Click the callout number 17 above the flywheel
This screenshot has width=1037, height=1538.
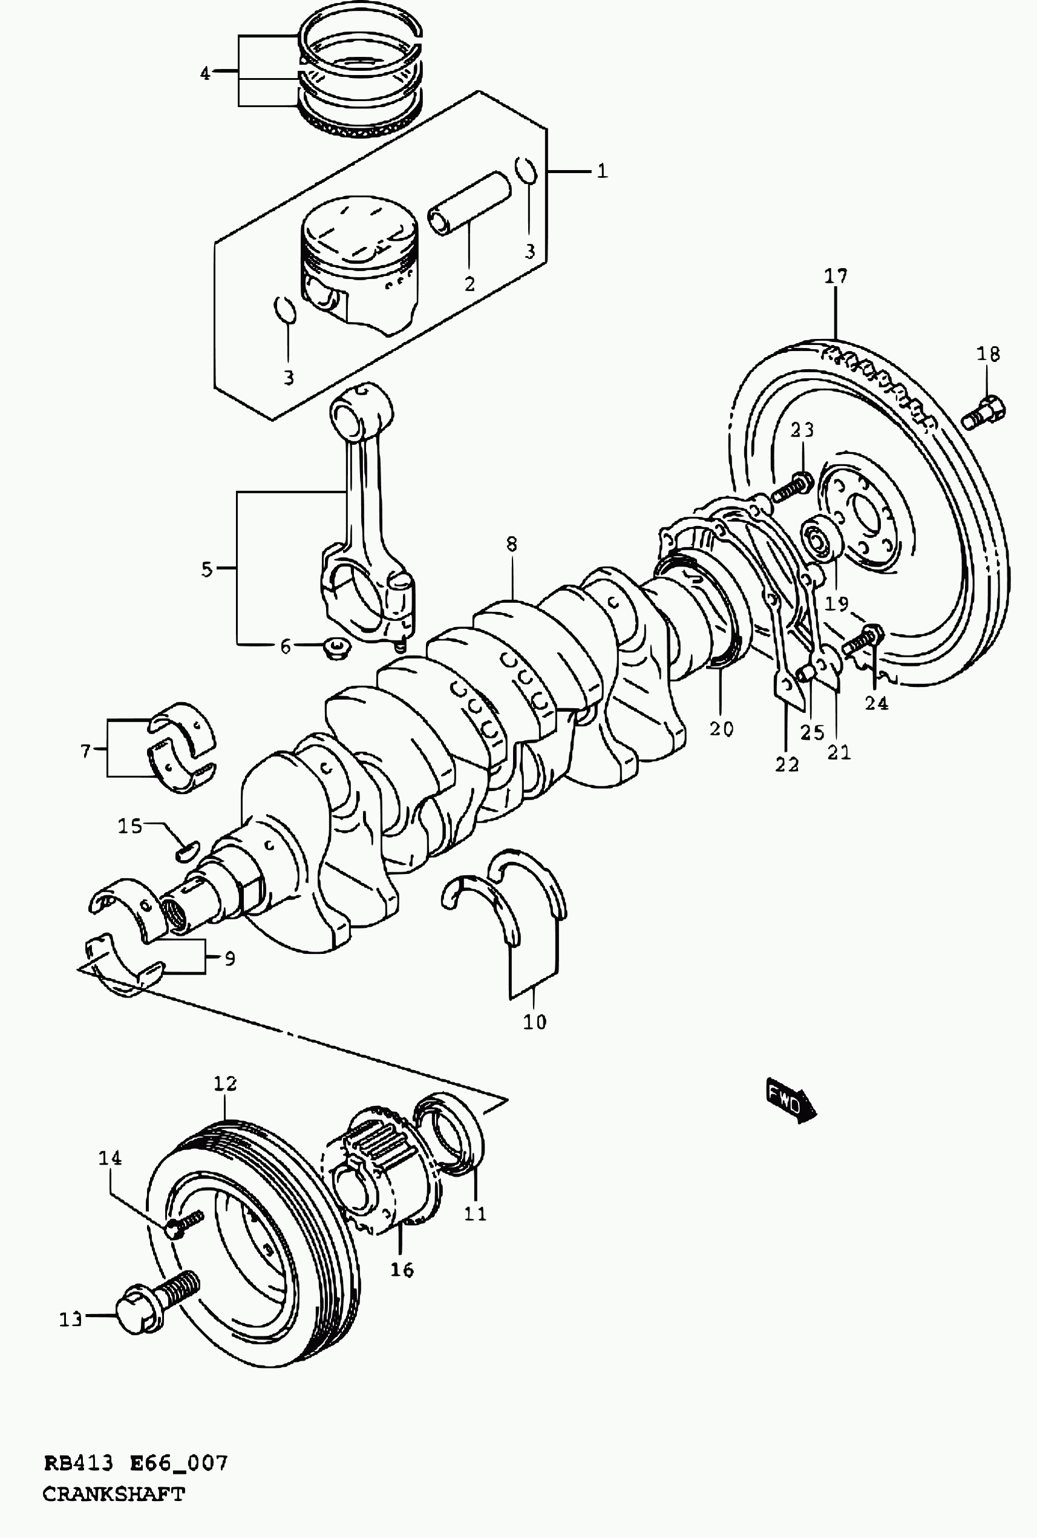coord(836,275)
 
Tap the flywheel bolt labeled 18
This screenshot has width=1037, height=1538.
coord(983,412)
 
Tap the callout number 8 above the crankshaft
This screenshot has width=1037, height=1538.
coord(511,544)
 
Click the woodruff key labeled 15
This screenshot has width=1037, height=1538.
coord(186,850)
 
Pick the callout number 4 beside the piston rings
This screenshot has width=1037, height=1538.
coord(205,73)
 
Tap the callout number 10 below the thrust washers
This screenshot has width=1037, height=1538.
coord(535,1022)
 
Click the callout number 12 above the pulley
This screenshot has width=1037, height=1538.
coord(225,1083)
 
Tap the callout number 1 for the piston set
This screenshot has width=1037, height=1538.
coord(602,171)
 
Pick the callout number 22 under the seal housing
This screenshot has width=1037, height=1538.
coord(788,764)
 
